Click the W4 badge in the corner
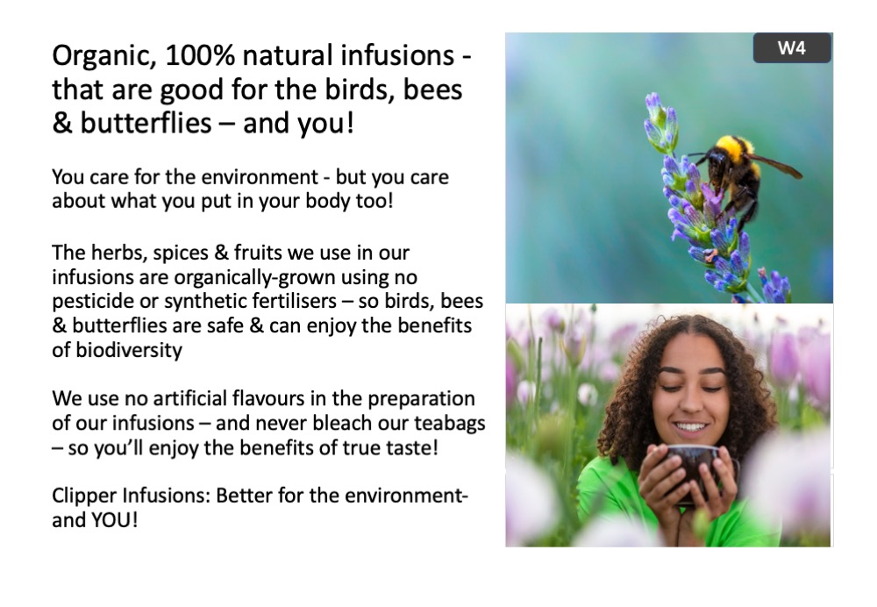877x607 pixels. tap(791, 48)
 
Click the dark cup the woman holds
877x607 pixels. tap(696, 468)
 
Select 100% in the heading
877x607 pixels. tap(200, 55)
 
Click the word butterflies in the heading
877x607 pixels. tap(146, 123)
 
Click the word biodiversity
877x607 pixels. tap(129, 351)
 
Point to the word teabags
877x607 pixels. tap(450, 424)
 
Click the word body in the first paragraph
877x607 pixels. tap(328, 202)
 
